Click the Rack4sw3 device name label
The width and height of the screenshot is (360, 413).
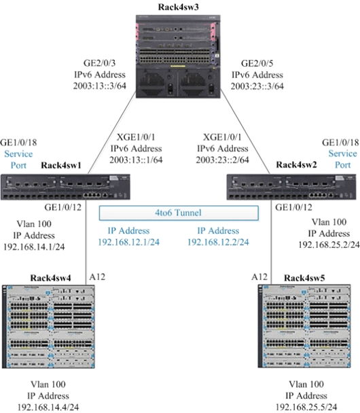click(x=181, y=6)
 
